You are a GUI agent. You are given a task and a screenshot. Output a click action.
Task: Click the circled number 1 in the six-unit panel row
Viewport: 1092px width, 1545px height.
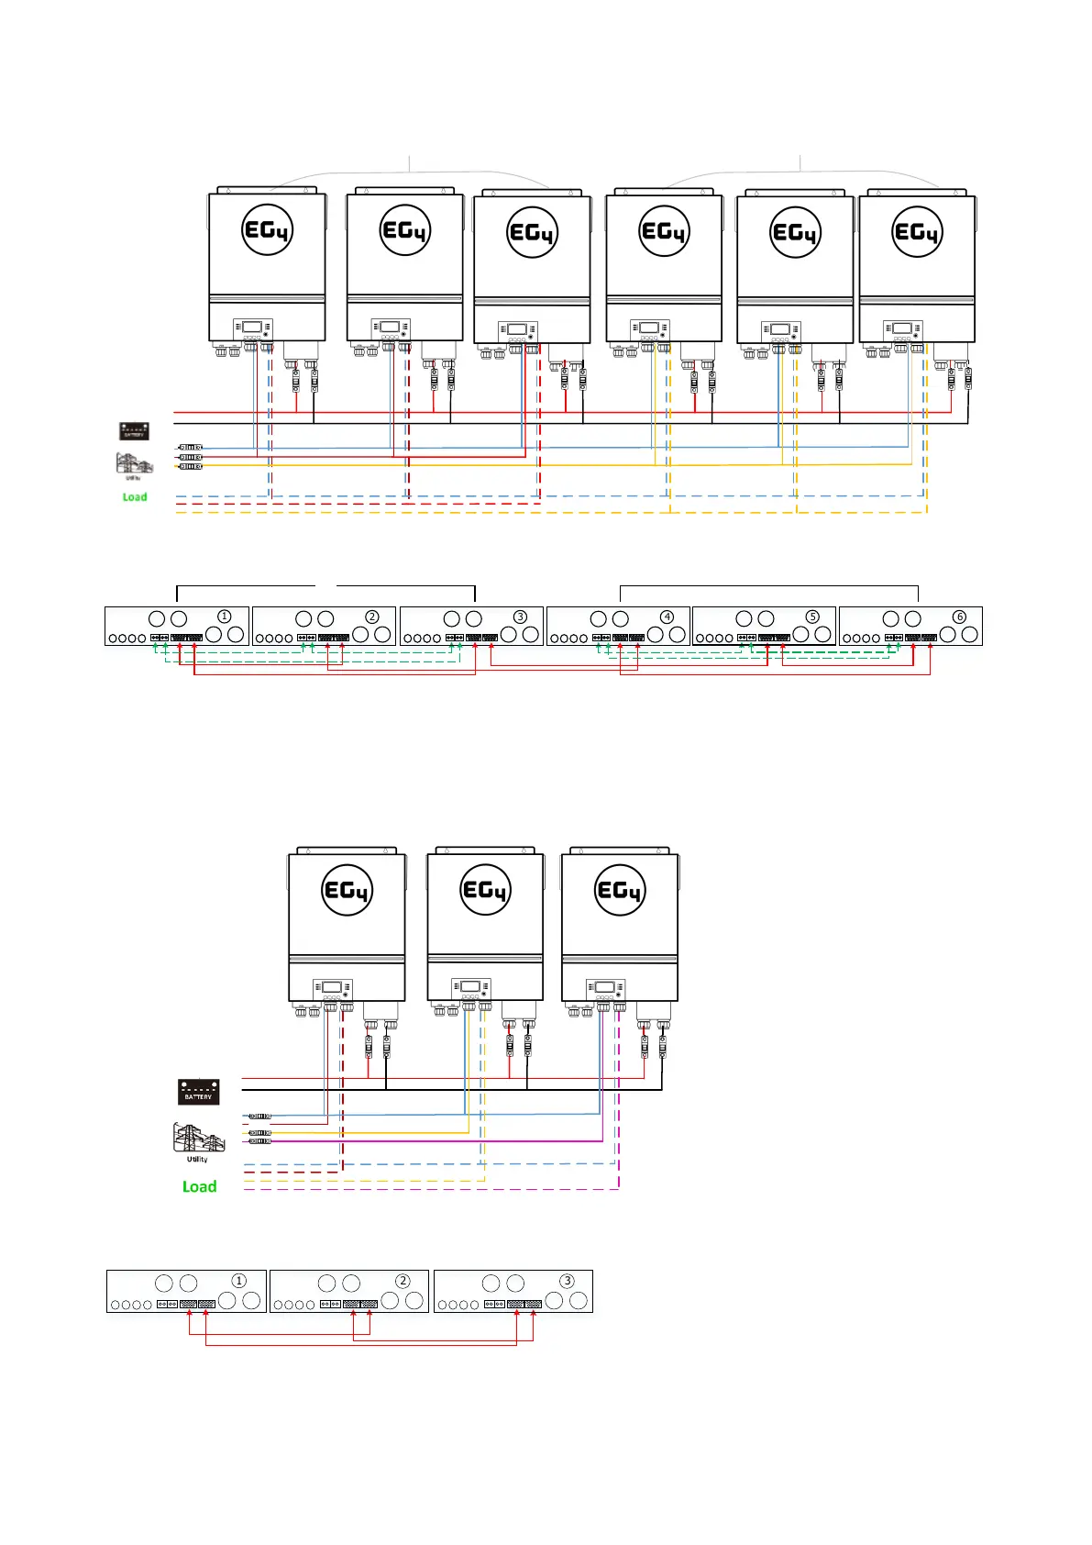tap(224, 617)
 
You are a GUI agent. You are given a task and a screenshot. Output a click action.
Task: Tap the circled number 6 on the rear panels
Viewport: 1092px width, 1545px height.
tap(959, 617)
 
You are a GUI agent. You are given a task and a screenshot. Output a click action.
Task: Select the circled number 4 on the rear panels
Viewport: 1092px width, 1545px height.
tap(667, 617)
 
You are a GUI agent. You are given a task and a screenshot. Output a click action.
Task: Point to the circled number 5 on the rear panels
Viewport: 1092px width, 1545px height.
tap(812, 617)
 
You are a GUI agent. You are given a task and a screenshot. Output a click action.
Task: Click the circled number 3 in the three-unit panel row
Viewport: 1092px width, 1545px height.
tap(567, 1281)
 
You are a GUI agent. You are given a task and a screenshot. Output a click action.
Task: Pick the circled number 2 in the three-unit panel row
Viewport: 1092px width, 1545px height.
tap(403, 1281)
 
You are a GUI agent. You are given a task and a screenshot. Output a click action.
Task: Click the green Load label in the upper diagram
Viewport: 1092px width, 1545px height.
tap(135, 497)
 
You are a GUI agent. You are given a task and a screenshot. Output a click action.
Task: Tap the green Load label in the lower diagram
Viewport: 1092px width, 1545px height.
tap(199, 1186)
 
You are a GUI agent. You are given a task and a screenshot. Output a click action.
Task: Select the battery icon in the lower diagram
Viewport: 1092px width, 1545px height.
tap(198, 1091)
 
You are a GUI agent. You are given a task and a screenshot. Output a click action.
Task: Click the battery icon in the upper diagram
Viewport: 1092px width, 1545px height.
tap(134, 430)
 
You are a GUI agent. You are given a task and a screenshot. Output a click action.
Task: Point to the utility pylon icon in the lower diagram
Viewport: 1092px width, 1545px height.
tap(198, 1138)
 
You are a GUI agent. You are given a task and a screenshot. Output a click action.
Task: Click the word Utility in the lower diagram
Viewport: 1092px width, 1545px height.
tap(197, 1160)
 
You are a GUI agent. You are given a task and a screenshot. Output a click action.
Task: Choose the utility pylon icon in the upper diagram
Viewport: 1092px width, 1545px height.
tap(134, 462)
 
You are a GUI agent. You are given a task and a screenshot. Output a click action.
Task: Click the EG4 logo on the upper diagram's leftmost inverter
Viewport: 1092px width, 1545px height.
tap(267, 229)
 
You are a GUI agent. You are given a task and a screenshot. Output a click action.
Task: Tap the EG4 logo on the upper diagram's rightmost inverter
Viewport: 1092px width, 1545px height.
tap(917, 232)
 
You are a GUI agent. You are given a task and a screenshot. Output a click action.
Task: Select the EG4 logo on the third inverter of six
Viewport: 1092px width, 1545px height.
tap(532, 232)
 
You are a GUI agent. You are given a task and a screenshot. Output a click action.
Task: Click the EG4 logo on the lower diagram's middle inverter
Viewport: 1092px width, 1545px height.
tap(485, 890)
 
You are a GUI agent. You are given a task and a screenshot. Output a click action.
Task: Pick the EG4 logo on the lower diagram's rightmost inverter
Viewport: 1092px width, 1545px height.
tap(620, 890)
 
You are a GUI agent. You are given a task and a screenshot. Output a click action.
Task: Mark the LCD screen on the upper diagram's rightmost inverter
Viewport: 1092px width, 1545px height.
tap(902, 328)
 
